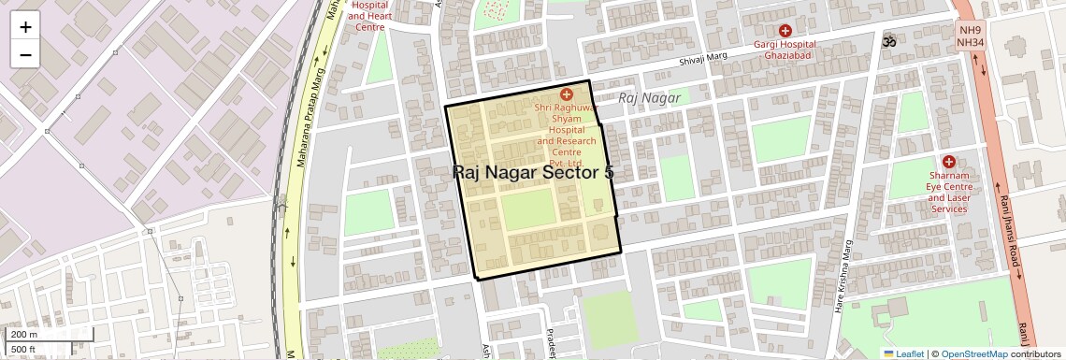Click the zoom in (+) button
[x=25, y=27]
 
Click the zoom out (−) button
[x=25, y=54]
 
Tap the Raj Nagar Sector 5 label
[x=533, y=172]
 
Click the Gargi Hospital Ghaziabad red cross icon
[x=785, y=31]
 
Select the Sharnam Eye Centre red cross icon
[x=948, y=162]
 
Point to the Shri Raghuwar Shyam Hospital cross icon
[x=566, y=94]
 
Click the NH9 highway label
[x=971, y=30]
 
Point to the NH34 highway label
[x=971, y=43]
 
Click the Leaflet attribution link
[x=905, y=353]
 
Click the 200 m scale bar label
[x=24, y=334]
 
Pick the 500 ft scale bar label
[x=23, y=349]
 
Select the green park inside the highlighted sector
[x=528, y=210]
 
